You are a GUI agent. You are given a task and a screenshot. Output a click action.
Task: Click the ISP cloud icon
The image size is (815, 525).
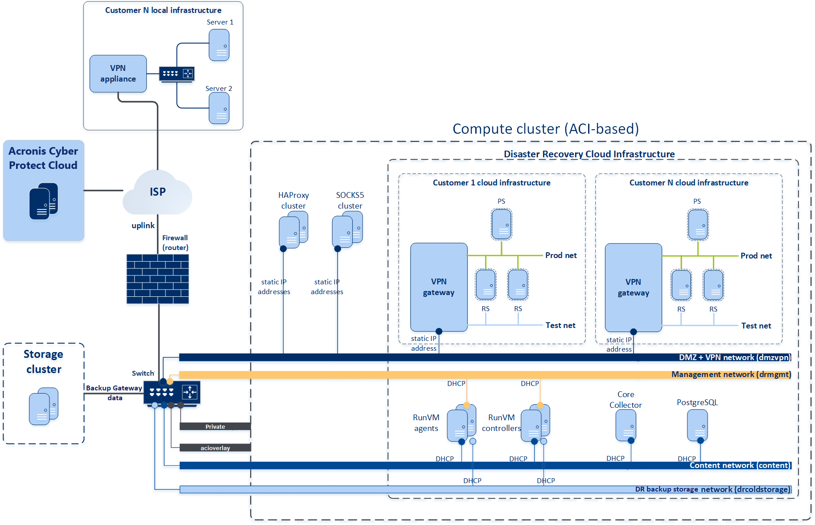click(157, 192)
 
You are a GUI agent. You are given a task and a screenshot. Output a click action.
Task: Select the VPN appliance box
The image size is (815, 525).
click(118, 74)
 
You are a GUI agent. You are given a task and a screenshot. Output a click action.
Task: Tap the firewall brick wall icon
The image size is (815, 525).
click(157, 279)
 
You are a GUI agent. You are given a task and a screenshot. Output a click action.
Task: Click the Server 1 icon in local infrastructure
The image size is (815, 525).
click(219, 45)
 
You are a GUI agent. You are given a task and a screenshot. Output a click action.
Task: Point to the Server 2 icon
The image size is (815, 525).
click(219, 108)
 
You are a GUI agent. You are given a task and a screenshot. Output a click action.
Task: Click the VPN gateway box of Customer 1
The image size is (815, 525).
click(439, 287)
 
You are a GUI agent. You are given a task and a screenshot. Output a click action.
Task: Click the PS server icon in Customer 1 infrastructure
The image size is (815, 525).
click(502, 224)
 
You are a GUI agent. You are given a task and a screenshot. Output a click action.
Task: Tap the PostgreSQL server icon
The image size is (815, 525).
click(697, 425)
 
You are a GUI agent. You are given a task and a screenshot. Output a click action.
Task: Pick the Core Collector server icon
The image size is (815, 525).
click(626, 425)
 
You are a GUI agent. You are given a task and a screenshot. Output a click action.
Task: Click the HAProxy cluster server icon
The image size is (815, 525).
click(293, 230)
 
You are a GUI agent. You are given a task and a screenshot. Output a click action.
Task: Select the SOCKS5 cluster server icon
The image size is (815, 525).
click(347, 230)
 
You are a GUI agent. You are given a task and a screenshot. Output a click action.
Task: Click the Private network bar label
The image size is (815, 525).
click(215, 427)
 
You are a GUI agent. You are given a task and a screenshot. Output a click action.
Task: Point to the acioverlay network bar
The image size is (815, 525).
click(215, 448)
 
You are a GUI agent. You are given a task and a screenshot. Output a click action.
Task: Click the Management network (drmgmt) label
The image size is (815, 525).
click(731, 374)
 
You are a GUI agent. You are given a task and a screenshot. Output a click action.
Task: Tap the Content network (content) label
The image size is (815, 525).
click(740, 465)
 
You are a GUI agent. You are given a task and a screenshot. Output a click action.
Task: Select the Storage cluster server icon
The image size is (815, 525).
click(43, 406)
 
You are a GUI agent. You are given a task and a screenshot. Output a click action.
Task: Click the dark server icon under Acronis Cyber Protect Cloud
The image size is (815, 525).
click(43, 201)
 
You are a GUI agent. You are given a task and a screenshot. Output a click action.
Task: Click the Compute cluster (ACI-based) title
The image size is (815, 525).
click(546, 129)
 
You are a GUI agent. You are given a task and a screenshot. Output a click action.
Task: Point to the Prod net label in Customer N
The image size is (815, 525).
click(756, 256)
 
